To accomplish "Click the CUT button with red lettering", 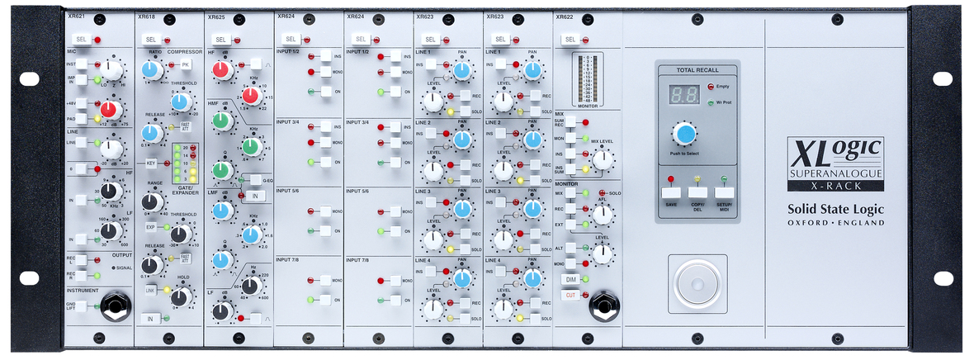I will [x=570, y=295].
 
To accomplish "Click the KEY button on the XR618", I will [x=151, y=163].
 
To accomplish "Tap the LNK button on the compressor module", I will [x=151, y=291].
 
